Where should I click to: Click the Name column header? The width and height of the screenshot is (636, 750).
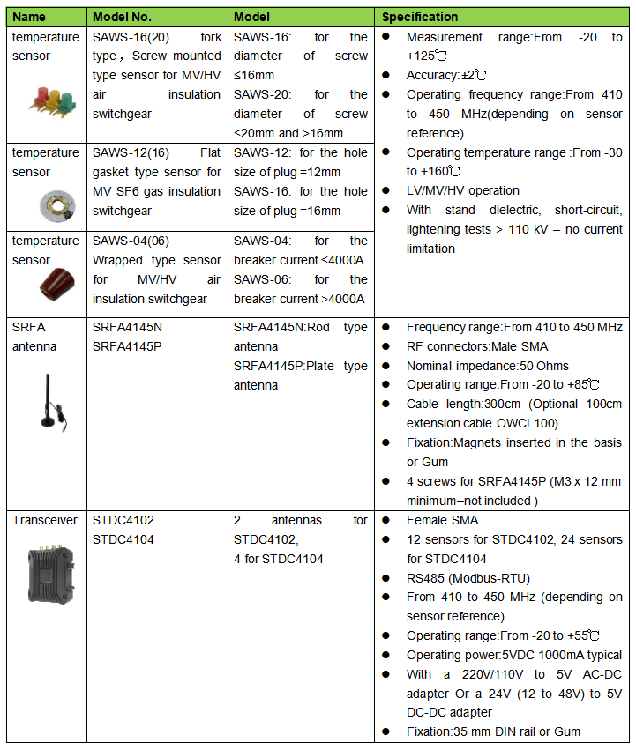point(29,17)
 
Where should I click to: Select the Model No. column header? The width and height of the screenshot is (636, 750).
point(123,17)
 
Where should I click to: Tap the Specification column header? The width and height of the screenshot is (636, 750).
point(419,17)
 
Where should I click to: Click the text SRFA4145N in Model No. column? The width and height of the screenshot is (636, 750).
point(127,327)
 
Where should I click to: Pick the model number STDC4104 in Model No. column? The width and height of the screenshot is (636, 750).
point(123,539)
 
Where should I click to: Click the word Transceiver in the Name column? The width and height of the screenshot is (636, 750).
point(45,520)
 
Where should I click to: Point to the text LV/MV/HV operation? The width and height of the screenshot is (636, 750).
point(462,190)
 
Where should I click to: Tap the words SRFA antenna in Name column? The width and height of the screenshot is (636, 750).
point(34,337)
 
